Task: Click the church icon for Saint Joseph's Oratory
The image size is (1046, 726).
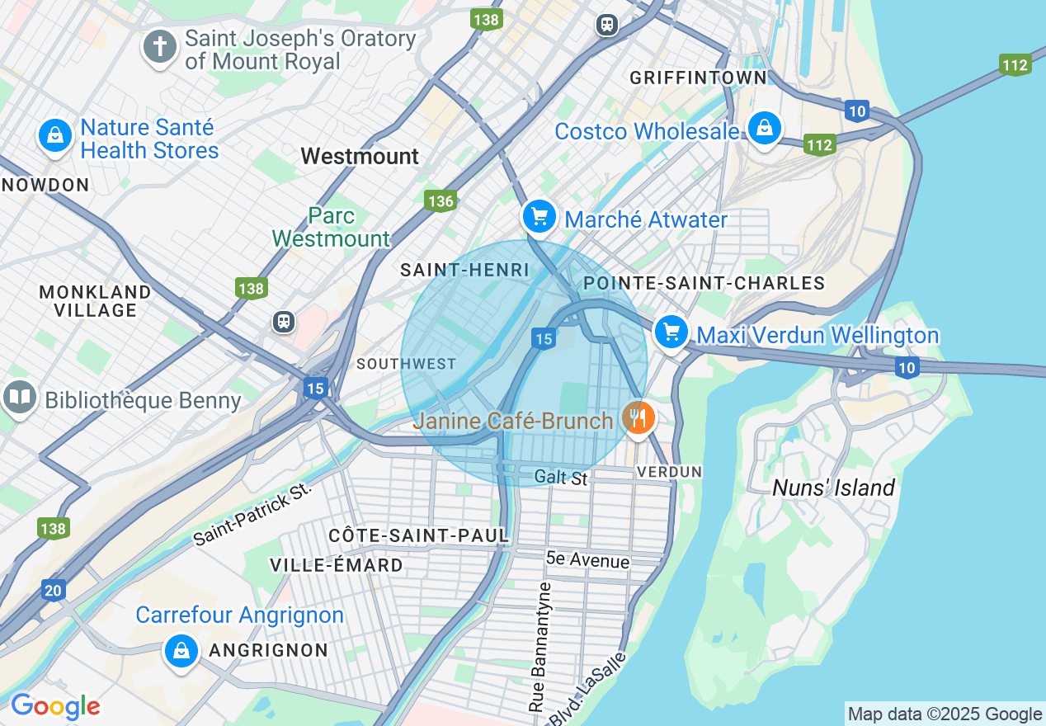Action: pos(160,47)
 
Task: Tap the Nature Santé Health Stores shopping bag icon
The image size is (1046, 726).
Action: pos(55,134)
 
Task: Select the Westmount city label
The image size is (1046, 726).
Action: pos(360,156)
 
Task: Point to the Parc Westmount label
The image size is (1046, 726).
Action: pos(331,228)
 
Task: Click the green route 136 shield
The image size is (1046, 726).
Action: pos(441,200)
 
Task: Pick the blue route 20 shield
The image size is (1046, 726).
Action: pos(54,589)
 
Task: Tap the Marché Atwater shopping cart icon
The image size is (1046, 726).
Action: pos(539,217)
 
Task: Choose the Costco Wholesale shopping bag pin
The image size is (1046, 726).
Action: pos(765,128)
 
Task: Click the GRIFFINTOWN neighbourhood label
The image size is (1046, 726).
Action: pos(698,78)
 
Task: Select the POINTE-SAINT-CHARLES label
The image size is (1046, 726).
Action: pos(704,284)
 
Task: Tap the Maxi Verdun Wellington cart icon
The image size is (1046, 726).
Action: pos(671,332)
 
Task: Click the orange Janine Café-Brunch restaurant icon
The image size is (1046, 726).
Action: pos(638,418)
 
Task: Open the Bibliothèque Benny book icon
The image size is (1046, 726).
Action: pos(20,398)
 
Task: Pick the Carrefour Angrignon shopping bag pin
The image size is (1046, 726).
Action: pos(181,650)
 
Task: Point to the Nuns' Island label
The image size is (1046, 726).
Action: pos(833,488)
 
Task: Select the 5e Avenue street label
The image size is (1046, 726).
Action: pos(587,561)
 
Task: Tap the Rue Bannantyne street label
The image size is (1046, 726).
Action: pos(543,648)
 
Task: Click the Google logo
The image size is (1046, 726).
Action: pos(54,707)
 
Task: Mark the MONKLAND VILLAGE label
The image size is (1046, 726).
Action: pos(95,301)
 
